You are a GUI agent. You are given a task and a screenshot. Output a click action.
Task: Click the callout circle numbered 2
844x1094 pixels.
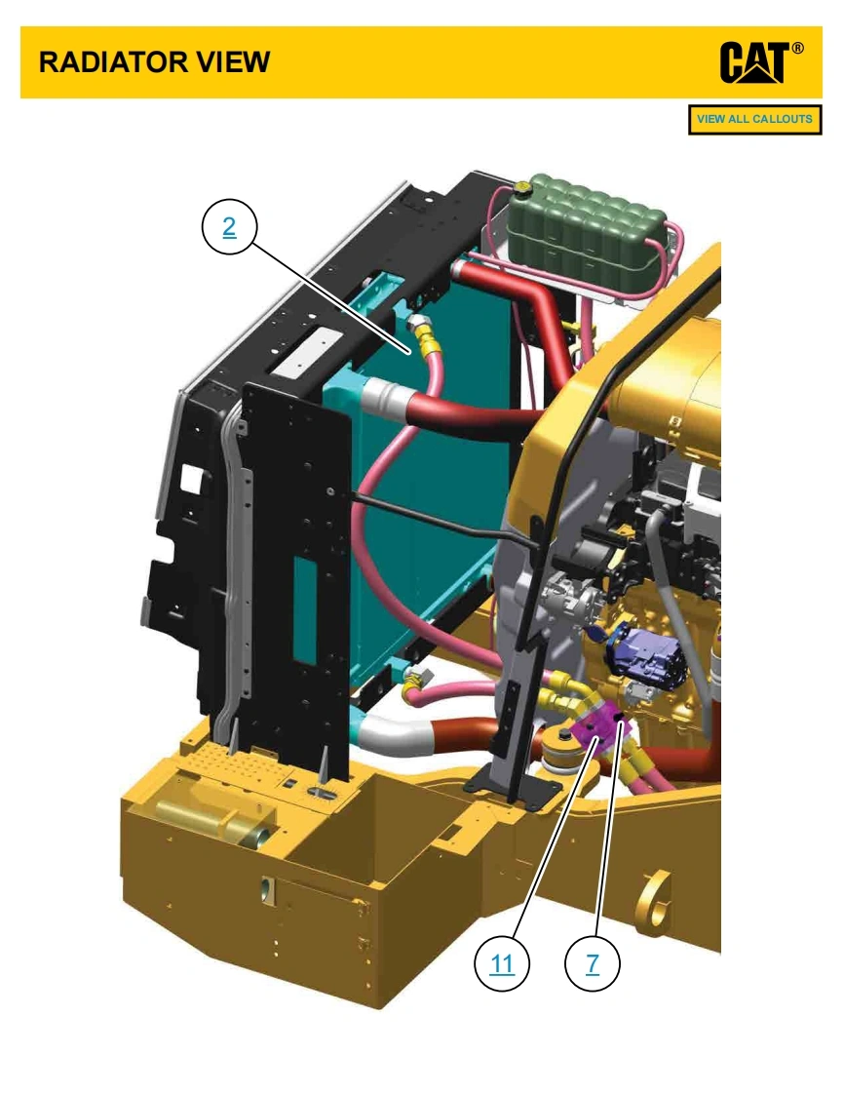pyautogui.click(x=229, y=227)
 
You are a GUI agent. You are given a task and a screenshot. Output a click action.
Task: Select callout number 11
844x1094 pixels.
pyautogui.click(x=502, y=963)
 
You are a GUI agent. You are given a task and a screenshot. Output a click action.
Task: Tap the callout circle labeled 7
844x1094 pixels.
pyautogui.click(x=593, y=963)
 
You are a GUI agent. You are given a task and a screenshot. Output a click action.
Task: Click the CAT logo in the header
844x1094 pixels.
pyautogui.click(x=754, y=62)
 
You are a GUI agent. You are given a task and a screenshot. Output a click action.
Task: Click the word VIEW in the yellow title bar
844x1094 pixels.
pyautogui.click(x=232, y=62)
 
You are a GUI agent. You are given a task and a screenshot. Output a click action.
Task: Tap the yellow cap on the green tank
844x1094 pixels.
pyautogui.click(x=519, y=186)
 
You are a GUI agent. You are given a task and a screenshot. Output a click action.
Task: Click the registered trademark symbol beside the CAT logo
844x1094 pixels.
pyautogui.click(x=797, y=48)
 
